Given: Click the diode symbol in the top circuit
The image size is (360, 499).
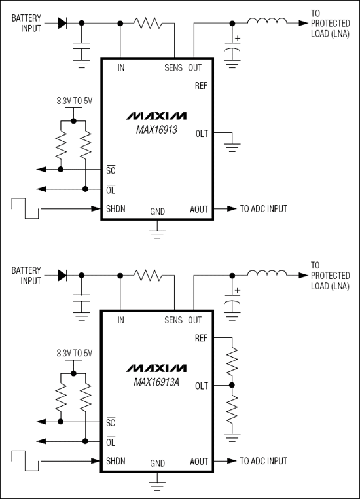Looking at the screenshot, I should pos(63,23).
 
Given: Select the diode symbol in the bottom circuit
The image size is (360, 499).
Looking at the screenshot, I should pos(63,275).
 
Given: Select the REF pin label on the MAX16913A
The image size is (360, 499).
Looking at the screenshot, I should pos(202,338).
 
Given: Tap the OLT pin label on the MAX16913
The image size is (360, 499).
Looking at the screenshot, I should pos(202,134).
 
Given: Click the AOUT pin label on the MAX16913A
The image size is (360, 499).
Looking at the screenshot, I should pos(199,461).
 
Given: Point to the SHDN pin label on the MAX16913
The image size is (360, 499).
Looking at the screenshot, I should pos(117,209).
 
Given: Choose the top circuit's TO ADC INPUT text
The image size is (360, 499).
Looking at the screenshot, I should pos(264,209).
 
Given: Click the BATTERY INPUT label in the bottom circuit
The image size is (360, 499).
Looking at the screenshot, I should pos(26,276).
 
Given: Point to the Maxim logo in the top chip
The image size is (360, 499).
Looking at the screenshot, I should pos(156,115).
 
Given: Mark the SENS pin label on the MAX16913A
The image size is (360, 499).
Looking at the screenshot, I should pos(173,320).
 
